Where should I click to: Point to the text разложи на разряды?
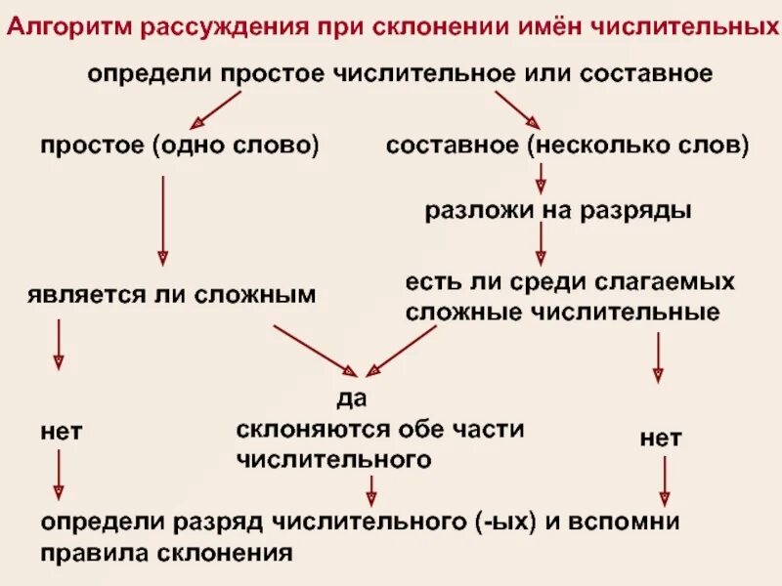(x=558, y=211)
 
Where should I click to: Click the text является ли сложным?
(x=173, y=294)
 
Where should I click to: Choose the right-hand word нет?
(x=661, y=439)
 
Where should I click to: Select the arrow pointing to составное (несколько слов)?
(x=517, y=108)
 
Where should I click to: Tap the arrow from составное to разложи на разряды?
(x=541, y=178)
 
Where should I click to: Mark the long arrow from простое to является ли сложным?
(x=163, y=220)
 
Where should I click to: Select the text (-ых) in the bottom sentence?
(x=503, y=521)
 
